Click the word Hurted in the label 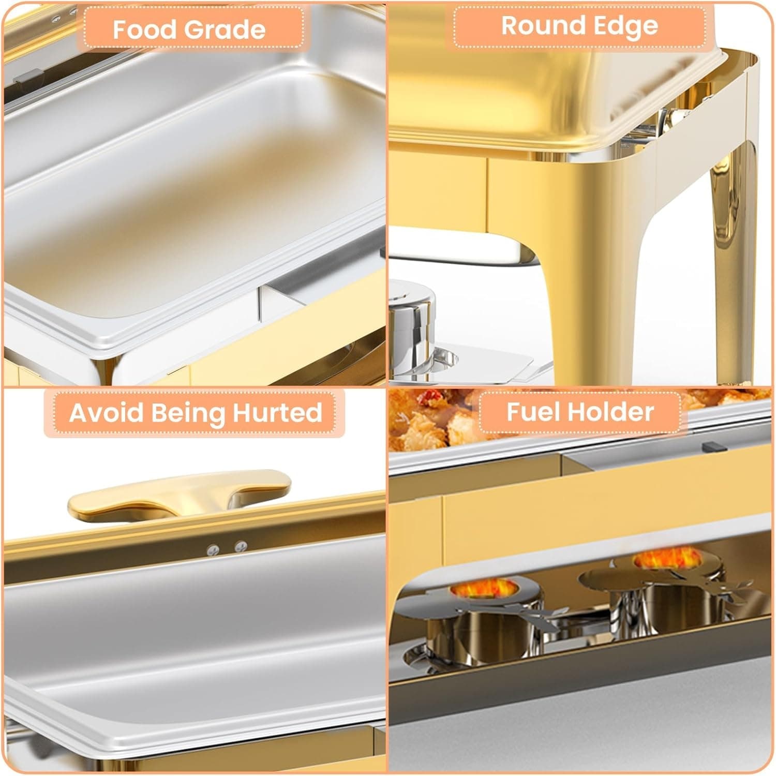tap(277, 413)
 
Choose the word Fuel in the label tap(532, 412)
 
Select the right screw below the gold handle tap(241, 546)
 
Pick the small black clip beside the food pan tap(714, 446)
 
